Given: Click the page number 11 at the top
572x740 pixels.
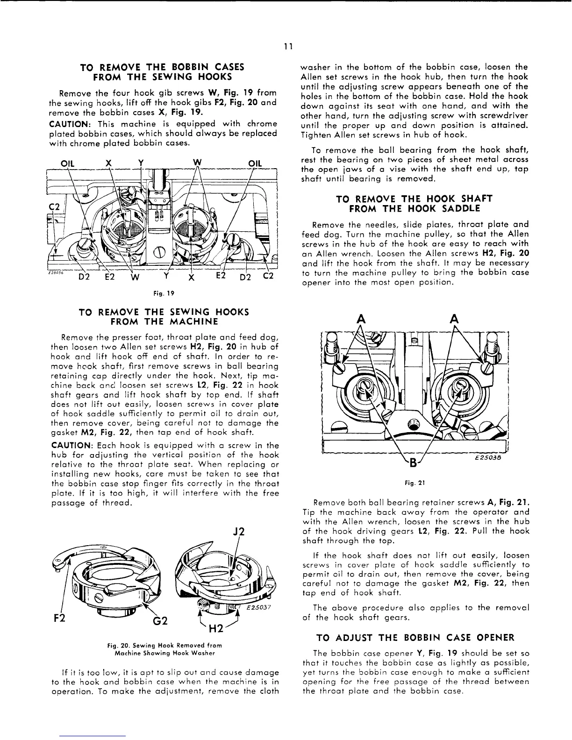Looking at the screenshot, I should pos(288,46).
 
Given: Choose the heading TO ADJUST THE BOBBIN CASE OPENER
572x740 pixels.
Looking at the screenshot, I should pos(415,638).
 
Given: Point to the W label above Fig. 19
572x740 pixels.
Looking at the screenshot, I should pos(197,162).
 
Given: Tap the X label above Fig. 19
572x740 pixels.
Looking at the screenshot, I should pos(108,163).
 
